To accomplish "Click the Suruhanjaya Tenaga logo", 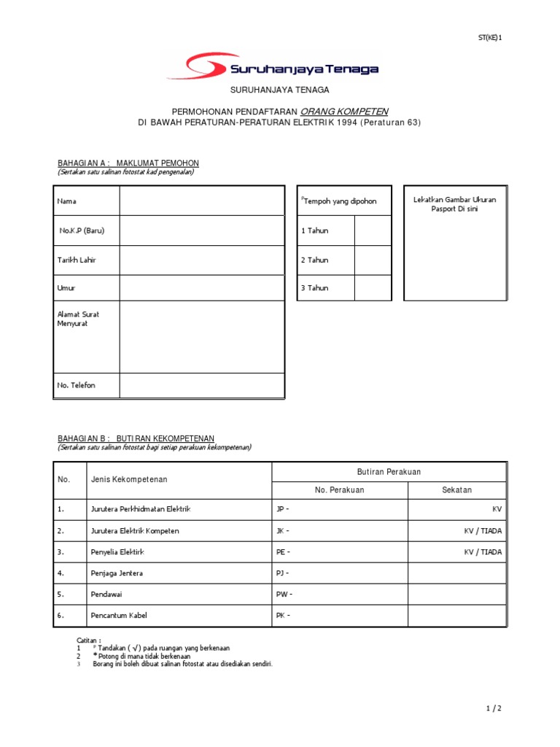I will (273, 68).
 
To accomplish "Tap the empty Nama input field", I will (201, 201).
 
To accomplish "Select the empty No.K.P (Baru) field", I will (201, 231).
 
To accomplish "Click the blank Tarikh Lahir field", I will (201, 260).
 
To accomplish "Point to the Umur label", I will (66, 287).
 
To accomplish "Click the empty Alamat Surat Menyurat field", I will (201, 336).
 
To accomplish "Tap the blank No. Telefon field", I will (201, 385).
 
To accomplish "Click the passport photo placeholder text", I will (454, 204).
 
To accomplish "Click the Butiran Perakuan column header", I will (389, 472).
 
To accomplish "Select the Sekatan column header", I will (456, 490).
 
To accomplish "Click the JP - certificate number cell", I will (340, 509).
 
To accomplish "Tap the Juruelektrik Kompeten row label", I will (134, 531).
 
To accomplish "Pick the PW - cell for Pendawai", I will (340, 595).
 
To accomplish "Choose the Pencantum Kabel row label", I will (119, 616).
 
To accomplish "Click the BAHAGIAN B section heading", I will (136, 438).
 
